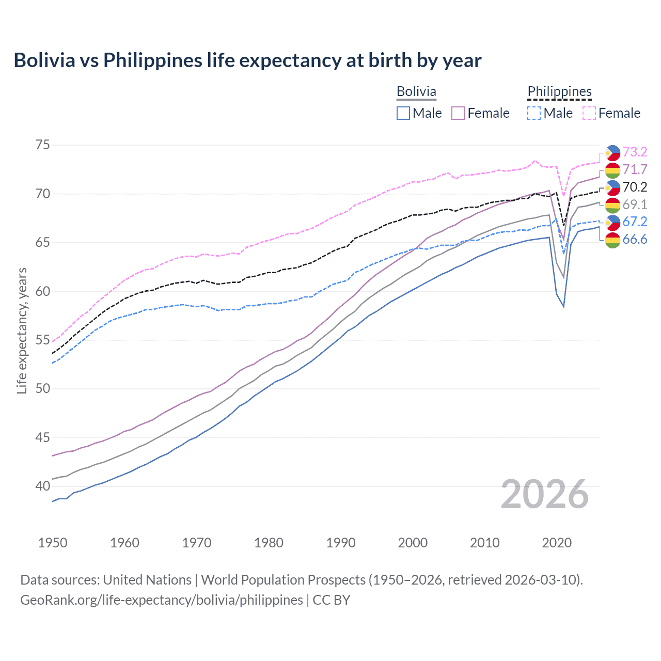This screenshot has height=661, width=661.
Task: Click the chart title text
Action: tap(247, 60)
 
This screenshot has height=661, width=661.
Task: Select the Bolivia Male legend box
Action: tap(403, 113)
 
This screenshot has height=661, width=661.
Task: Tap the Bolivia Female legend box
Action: tap(458, 113)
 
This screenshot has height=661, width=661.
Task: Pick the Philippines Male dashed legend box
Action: tap(534, 113)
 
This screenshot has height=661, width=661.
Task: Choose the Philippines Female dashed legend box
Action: tap(589, 113)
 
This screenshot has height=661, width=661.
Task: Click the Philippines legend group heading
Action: tap(559, 91)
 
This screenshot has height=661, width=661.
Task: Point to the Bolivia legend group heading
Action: tap(416, 91)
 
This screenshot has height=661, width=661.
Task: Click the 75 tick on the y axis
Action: tap(43, 145)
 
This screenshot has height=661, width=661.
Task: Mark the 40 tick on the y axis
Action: tap(43, 486)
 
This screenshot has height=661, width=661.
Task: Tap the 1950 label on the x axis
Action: tap(53, 543)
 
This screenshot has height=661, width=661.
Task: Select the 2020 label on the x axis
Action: tap(557, 543)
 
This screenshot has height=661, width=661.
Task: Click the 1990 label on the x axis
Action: tap(341, 543)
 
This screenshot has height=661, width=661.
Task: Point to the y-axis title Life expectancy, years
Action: tap(22, 330)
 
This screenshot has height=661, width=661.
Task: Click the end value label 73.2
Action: tap(635, 152)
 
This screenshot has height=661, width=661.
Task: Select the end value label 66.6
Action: tap(635, 239)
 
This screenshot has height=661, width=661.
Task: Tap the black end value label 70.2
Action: tap(635, 187)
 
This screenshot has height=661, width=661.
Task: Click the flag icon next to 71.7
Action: tap(612, 170)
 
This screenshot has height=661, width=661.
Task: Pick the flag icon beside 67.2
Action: tap(612, 222)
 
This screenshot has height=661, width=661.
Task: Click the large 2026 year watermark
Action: tap(545, 494)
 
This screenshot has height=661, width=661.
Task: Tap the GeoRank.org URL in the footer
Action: tap(161, 600)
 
